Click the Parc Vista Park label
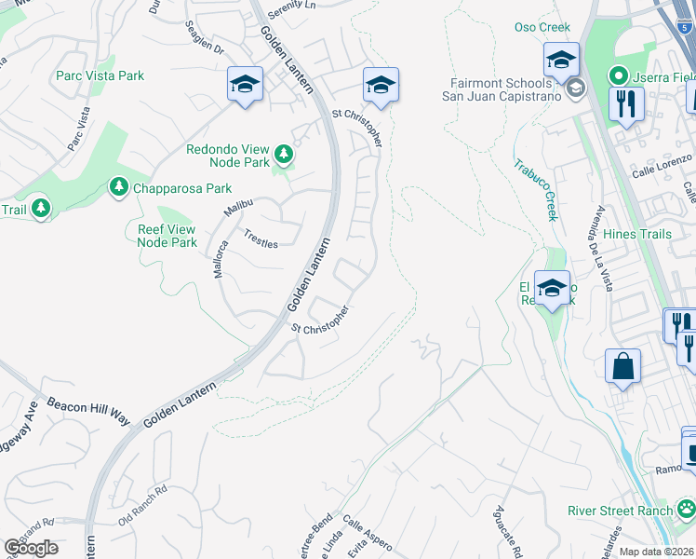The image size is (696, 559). pos(100,75)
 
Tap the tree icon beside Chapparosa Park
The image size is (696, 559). pos(118,188)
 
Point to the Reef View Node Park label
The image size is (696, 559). pos(167,235)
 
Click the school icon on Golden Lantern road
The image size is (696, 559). pos(245,86)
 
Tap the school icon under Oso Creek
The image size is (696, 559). pos(561,61)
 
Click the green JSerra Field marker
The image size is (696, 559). pos(615,75)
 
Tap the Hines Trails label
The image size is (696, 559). pos(636,234)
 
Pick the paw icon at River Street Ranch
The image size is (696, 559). pos(686,509)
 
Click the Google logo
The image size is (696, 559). pos(31,547)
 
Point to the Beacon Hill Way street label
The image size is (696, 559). pos(87,408)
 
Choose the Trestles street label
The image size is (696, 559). pos(261,239)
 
